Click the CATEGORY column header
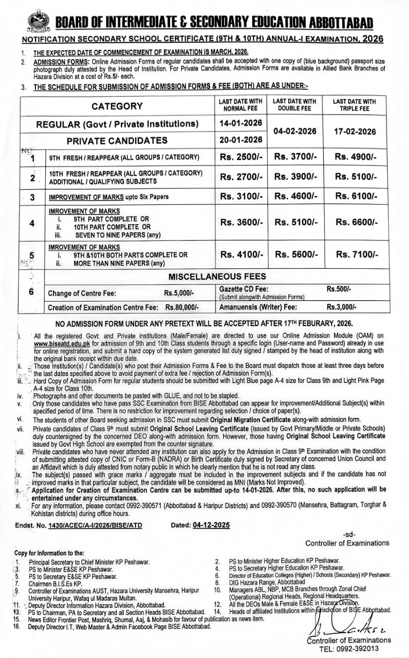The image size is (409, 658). pos(117,106)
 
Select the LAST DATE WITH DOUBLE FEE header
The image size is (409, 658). pos(294,105)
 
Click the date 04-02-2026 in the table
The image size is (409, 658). pos(294,131)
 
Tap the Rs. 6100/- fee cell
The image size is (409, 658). pos(356,196)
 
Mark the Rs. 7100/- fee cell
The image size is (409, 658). pos(356,254)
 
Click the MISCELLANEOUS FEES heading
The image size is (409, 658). pos(213,277)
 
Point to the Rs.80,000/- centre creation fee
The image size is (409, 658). pos(182,307)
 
